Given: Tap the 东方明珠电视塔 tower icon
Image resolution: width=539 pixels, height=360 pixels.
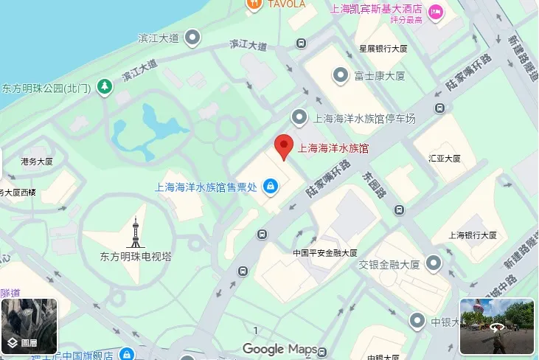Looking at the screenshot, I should pyautogui.click(x=136, y=232).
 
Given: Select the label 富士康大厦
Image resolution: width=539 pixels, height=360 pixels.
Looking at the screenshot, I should pyautogui.click(x=380, y=75).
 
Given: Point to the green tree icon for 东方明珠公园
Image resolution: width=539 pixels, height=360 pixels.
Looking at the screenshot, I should pyautogui.click(x=106, y=87).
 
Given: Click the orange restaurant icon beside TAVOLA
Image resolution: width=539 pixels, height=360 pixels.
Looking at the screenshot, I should pyautogui.click(x=254, y=4).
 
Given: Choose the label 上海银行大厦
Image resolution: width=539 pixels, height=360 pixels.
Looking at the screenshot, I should pyautogui.click(x=474, y=235).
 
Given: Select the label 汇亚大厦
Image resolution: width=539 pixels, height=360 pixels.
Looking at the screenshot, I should pyautogui.click(x=444, y=158).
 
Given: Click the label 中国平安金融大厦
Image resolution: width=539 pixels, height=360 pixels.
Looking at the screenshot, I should pyautogui.click(x=325, y=252).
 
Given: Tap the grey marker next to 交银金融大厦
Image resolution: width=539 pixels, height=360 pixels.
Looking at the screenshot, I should pyautogui.click(x=434, y=263).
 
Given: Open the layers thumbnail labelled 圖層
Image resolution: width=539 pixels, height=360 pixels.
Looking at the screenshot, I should pyautogui.click(x=29, y=326).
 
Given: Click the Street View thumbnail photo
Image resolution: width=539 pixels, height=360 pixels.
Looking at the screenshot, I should pyautogui.click(x=497, y=326).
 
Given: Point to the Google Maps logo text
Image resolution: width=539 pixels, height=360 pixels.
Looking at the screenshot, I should pyautogui.click(x=280, y=349).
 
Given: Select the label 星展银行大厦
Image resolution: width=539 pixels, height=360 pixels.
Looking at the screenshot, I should pyautogui.click(x=383, y=49).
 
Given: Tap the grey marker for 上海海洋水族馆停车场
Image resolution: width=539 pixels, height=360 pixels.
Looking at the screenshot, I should pyautogui.click(x=299, y=117).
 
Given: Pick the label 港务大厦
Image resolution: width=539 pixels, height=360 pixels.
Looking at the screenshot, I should pyautogui.click(x=37, y=162).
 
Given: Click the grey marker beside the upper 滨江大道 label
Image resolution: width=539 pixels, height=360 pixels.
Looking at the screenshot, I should pyautogui.click(x=193, y=36).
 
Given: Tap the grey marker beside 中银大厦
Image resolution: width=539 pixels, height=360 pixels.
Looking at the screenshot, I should pyautogui.click(x=417, y=321).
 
